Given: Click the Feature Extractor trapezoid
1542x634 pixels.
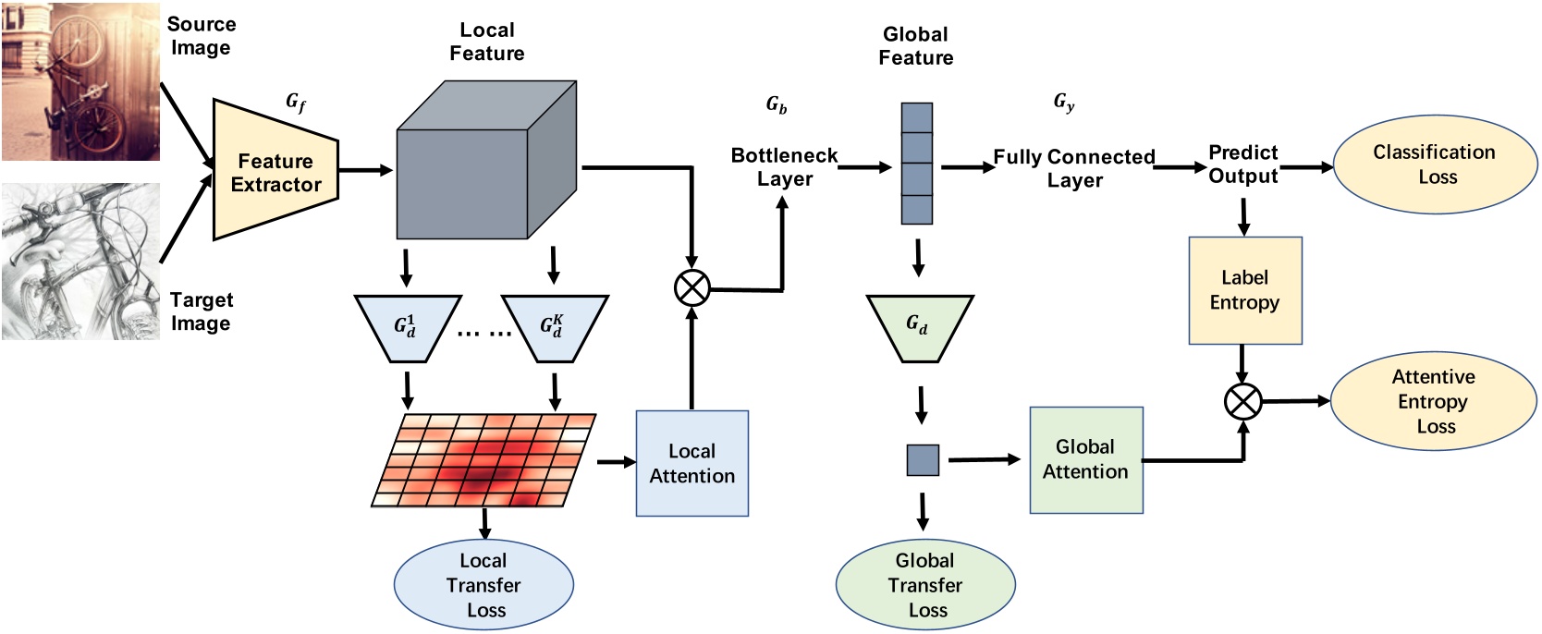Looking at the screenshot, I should (275, 172).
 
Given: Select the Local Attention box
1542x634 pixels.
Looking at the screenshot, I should (691, 463).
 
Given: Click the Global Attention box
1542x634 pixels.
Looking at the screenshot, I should (1085, 459).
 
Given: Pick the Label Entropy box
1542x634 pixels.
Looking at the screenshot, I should (1244, 290).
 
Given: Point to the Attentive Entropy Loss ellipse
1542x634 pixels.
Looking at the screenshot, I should (1432, 401).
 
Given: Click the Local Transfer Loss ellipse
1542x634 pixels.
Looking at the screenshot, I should (483, 584).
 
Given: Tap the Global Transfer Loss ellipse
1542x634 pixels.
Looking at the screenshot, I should (924, 584).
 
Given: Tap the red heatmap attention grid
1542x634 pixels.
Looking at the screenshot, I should (483, 460).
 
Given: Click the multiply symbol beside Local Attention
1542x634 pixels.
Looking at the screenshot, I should (691, 287).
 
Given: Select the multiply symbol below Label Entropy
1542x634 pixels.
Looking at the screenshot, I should (1242, 402).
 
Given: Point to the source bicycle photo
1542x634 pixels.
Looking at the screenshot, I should (80, 80).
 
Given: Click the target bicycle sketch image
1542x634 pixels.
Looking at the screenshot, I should (80, 262).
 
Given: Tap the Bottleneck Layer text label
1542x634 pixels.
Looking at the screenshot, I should (784, 167).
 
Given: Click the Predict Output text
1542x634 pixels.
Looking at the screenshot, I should (1242, 165).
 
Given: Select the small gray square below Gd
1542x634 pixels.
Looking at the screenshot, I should (922, 460).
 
